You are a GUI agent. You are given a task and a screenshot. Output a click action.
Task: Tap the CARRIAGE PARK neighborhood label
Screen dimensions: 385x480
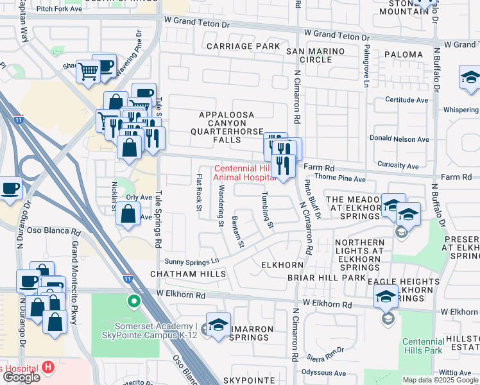pyautogui.click(x=243, y=46)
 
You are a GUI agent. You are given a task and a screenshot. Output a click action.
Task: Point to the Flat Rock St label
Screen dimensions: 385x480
pyautogui.click(x=199, y=193)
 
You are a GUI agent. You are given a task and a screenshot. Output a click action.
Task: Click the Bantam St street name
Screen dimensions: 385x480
pyautogui.click(x=238, y=232)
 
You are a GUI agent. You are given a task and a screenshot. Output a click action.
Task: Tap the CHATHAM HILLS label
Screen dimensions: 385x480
pyautogui.click(x=188, y=274)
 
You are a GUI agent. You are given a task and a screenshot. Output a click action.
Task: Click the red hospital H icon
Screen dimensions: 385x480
pyautogui.click(x=48, y=367)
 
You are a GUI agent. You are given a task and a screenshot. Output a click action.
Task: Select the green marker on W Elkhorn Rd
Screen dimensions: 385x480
pyautogui.click(x=134, y=300)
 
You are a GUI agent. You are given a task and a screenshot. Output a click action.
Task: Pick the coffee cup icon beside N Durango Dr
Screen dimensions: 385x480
pyautogui.click(x=10, y=189)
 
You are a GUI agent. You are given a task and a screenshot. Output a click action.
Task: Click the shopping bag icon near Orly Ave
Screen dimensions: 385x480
pyautogui.click(x=128, y=215)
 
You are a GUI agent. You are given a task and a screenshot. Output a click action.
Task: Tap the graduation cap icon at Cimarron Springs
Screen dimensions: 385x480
pyautogui.click(x=218, y=325)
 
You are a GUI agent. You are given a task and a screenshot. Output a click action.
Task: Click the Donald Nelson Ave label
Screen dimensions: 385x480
pyautogui.click(x=402, y=138)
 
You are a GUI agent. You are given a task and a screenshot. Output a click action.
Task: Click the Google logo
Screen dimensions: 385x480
pyautogui.click(x=21, y=377)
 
